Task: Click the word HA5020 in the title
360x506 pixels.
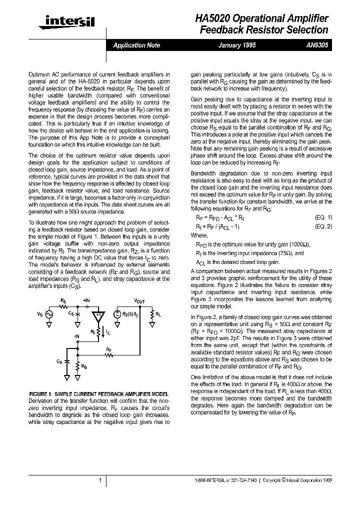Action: [212, 18]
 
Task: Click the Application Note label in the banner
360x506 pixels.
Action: [136, 45]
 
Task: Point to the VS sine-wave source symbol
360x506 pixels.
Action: [49, 314]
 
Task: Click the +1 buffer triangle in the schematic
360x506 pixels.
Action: [98, 315]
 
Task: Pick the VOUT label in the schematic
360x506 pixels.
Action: [139, 301]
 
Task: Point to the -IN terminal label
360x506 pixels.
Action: [76, 337]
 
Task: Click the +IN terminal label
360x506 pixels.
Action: [86, 301]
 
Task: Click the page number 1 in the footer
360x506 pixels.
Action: [100, 480]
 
